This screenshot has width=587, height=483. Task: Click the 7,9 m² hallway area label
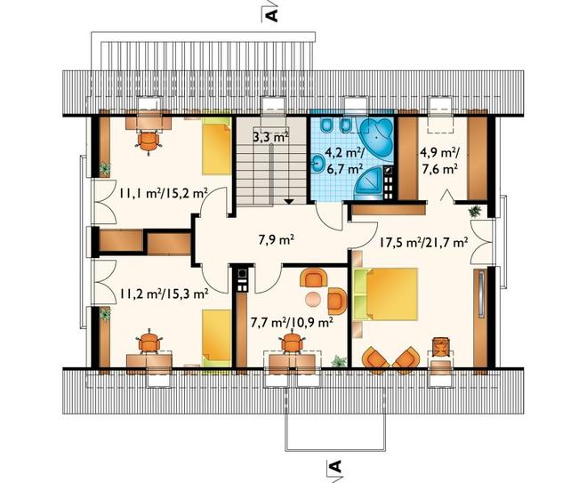click(x=277, y=239)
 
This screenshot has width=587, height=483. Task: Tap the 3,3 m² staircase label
click(x=271, y=137)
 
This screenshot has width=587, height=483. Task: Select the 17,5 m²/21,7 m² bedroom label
click(x=423, y=243)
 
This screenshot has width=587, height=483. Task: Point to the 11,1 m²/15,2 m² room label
click(x=164, y=193)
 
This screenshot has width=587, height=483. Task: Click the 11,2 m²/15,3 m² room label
click(x=164, y=294)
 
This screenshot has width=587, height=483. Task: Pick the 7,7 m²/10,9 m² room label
click(x=292, y=322)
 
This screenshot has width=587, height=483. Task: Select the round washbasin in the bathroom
click(x=318, y=164)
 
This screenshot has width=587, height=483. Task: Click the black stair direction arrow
click(x=288, y=201)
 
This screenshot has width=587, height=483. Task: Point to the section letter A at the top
click(x=273, y=15)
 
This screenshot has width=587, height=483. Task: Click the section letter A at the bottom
click(x=336, y=466)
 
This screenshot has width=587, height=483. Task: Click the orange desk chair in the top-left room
click(x=149, y=141)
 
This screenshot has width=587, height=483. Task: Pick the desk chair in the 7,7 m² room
click(x=292, y=342)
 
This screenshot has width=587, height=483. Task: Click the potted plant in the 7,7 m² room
click(x=339, y=361)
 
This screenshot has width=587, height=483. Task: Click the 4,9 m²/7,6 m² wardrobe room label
click(x=438, y=161)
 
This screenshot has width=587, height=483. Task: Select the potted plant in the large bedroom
click(x=475, y=211)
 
